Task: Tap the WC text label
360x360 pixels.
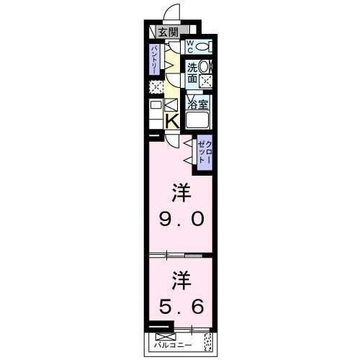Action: point(191,47)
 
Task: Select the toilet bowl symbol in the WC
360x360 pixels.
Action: point(205,48)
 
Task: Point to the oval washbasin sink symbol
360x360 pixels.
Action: point(205,66)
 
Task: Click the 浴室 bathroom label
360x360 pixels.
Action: point(198,102)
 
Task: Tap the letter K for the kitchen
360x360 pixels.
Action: point(172,122)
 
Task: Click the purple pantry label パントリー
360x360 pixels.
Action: point(155,59)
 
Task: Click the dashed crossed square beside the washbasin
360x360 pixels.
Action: point(206,80)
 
